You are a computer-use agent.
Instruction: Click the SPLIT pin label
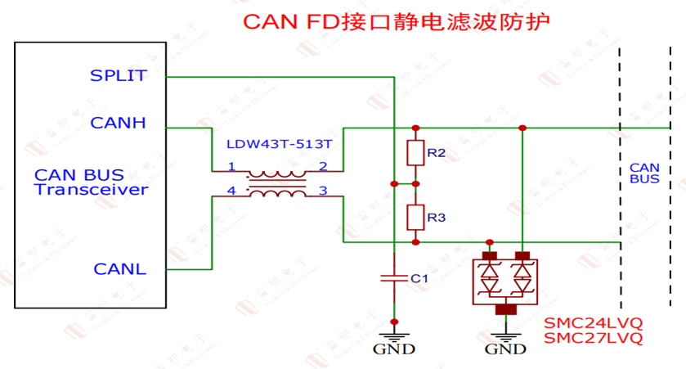click(119, 76)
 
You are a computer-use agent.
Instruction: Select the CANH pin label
click(119, 124)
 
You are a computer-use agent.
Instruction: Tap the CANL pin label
click(120, 269)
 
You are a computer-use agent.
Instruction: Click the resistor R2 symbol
click(415, 153)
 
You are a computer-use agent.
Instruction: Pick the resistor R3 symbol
click(415, 218)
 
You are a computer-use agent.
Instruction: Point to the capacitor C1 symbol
click(394, 278)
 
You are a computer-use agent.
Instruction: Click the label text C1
click(419, 278)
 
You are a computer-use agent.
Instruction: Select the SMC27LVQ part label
click(593, 337)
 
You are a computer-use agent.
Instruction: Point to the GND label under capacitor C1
click(394, 349)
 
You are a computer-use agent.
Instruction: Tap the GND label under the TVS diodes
click(506, 349)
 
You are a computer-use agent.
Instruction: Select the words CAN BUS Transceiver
click(91, 182)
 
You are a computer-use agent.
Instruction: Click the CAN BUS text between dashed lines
click(644, 173)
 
